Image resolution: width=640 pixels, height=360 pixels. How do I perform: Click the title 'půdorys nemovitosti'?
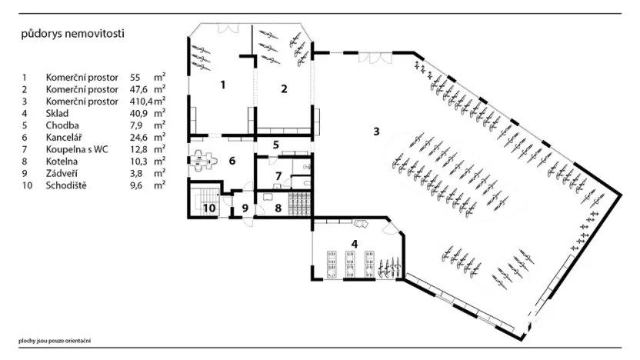pyautogui.click(x=72, y=35)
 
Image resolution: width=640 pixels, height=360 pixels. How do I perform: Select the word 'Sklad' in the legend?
pyautogui.click(x=58, y=112)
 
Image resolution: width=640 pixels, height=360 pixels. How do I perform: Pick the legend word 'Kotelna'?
pyautogui.click(x=62, y=161)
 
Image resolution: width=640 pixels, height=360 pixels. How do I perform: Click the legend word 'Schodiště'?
pyautogui.click(x=66, y=185)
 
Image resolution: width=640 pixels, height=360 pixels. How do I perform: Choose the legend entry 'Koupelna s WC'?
pyautogui.click(x=75, y=149)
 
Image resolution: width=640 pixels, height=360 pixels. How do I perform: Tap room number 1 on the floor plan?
pyautogui.click(x=223, y=85)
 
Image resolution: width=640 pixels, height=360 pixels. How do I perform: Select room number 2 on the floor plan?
pyautogui.click(x=284, y=88)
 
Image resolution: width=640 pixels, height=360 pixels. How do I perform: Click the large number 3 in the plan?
pyautogui.click(x=376, y=131)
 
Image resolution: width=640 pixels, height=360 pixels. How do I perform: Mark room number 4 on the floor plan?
pyautogui.click(x=354, y=245)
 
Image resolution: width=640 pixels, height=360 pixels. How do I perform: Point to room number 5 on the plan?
pyautogui.click(x=275, y=144)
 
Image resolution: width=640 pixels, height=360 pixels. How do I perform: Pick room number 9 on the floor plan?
pyautogui.click(x=245, y=207)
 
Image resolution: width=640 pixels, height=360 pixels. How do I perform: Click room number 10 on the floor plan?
pyautogui.click(x=208, y=207)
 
